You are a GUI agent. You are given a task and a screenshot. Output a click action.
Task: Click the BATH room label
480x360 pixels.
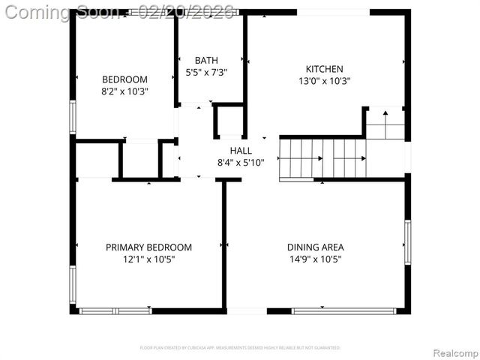[206, 61]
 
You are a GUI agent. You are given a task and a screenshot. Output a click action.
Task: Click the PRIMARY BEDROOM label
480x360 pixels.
[148, 247]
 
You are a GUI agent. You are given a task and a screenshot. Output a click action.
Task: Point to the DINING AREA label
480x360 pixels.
[315, 247]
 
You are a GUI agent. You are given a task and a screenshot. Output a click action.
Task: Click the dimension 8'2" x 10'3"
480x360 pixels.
[124, 91]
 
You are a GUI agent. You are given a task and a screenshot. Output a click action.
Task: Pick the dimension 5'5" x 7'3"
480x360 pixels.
[206, 73]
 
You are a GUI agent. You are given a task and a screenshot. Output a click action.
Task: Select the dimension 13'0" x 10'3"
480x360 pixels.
[325, 81]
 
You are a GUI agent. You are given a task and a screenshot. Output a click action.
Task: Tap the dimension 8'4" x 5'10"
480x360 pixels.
[241, 162]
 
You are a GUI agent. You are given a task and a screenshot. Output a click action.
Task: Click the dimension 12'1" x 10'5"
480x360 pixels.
[148, 259]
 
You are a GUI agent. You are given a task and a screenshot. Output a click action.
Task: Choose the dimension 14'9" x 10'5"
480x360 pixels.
[315, 259]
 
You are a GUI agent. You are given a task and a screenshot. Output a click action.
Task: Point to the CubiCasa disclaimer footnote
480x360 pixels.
[240, 348]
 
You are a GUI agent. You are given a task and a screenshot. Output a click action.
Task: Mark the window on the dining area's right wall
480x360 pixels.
[407, 241]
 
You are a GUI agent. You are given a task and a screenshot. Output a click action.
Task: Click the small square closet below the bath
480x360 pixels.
[229, 121]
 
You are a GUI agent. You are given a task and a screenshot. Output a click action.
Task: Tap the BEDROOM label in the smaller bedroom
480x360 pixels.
[124, 79]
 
